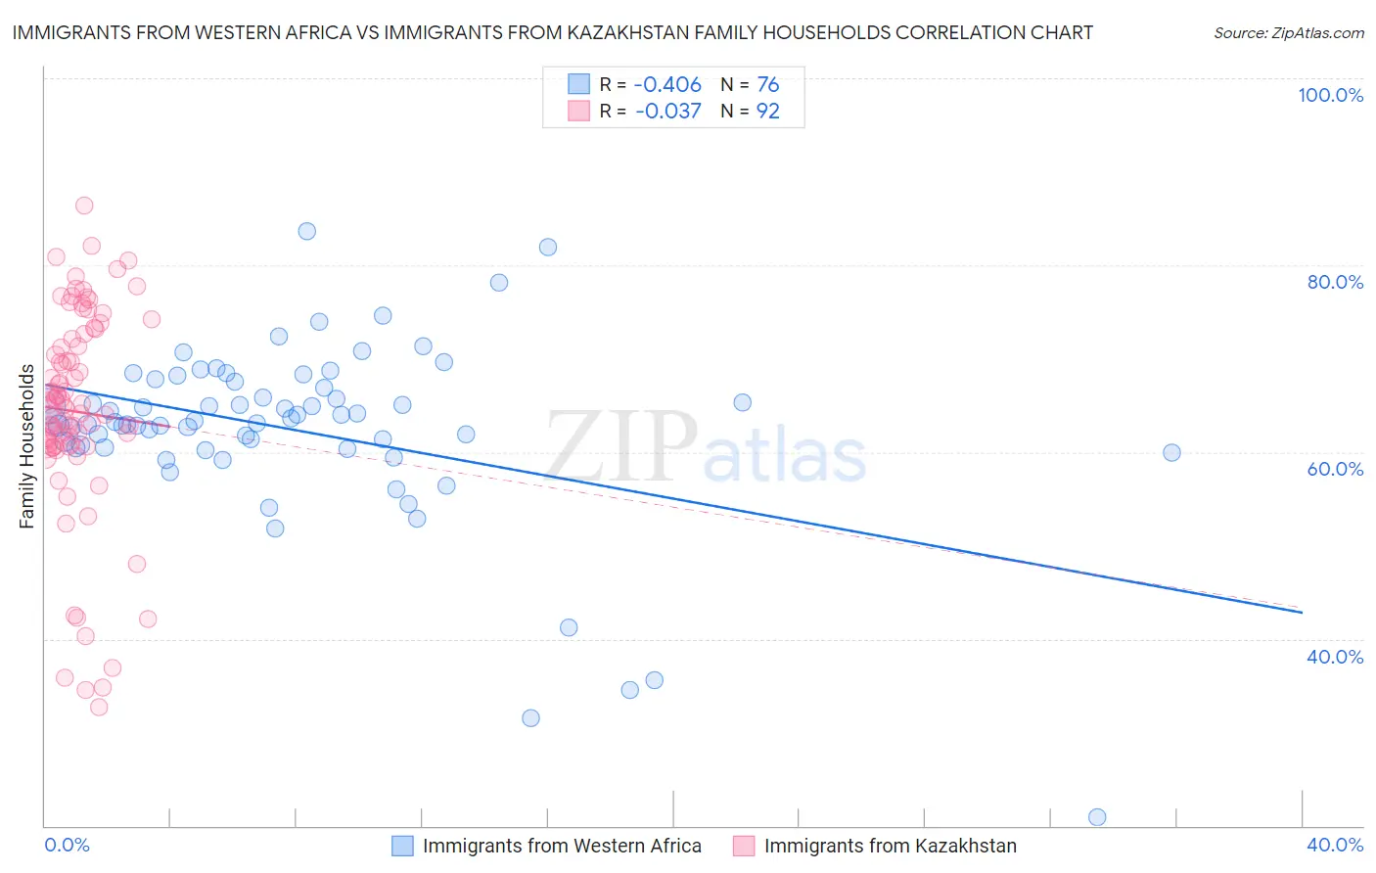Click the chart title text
click(x=552, y=32)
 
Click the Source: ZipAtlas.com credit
click(x=1288, y=33)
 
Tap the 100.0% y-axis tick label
click(x=1330, y=95)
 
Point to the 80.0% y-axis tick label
click(x=1335, y=282)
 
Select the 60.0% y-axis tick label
click(x=1335, y=469)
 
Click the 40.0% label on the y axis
click(x=1335, y=657)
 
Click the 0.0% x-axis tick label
click(x=67, y=845)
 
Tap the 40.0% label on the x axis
click(x=1335, y=845)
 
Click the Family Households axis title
click(x=27, y=446)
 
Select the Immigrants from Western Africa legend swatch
click(x=403, y=846)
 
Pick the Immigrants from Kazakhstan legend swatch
click(x=744, y=846)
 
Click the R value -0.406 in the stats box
click(x=667, y=85)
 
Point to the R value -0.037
click(x=667, y=112)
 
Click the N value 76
click(x=768, y=85)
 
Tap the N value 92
click(x=768, y=112)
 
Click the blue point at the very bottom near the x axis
click(x=1097, y=817)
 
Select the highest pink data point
click(x=84, y=206)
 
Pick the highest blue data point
click(x=306, y=231)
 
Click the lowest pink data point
click(x=99, y=707)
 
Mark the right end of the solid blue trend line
click(x=1302, y=613)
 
